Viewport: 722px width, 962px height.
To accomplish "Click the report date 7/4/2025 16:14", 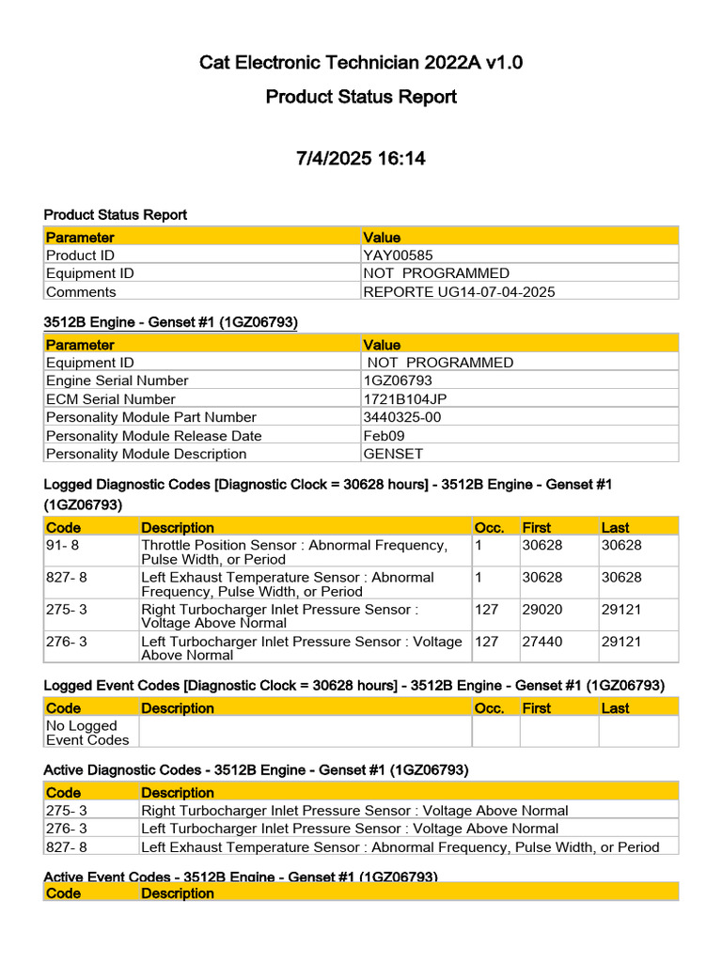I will pos(360,159).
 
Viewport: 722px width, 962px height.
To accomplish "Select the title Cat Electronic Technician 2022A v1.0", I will pos(360,63).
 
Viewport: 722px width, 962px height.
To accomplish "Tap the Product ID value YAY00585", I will pos(398,256).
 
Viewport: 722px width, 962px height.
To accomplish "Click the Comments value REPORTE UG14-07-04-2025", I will pos(459,291).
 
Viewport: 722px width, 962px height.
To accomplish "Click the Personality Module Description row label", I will pos(146,454).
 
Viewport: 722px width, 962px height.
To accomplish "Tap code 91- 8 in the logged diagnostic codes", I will pos(67,546).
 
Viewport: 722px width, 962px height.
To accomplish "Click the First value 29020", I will pos(541,610).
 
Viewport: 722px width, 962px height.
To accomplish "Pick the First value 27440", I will pos(541,642).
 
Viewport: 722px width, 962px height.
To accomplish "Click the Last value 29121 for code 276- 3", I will pos(621,642).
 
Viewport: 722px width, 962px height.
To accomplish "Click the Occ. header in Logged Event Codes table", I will pos(489,708).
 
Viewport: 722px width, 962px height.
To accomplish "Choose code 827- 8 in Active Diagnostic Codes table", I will pos(67,847).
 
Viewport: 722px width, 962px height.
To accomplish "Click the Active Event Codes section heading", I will pos(241,877).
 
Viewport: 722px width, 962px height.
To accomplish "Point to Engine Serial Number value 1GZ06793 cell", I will pos(398,380).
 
